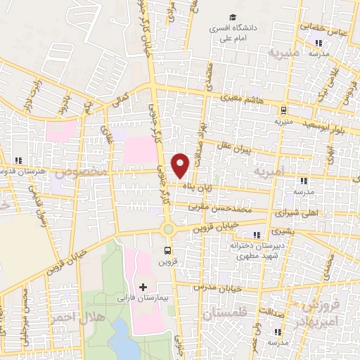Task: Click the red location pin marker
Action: pos(181,165)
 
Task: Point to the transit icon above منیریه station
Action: pos(283,110)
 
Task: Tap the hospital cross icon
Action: pos(143,287)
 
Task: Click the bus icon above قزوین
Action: pos(167,250)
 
